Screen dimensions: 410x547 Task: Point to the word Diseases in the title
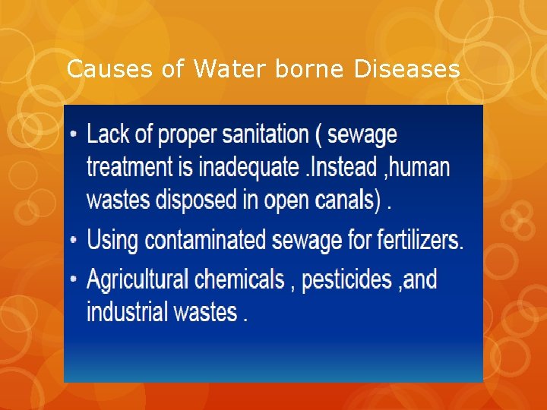tap(406, 70)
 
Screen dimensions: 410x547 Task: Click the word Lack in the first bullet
tap(109, 135)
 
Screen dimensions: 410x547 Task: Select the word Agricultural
tap(138, 279)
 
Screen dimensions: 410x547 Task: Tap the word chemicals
tap(239, 279)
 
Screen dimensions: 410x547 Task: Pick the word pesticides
tap(346, 279)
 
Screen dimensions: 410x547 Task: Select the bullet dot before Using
tap(74, 241)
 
